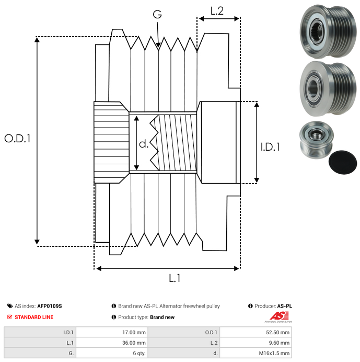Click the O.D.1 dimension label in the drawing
(x=17, y=139)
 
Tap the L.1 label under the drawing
(x=175, y=278)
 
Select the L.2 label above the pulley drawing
(x=217, y=10)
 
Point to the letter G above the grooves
(x=157, y=15)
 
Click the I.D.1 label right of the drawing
(x=270, y=148)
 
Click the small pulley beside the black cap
(x=313, y=141)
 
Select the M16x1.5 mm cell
(x=275, y=353)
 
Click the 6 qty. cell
(x=138, y=353)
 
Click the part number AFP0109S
(x=50, y=306)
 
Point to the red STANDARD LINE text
(x=34, y=317)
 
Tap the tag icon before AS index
(x=10, y=306)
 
